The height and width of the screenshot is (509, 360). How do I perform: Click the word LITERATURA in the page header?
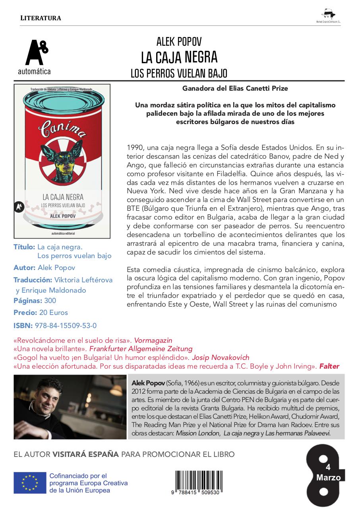pos(40,18)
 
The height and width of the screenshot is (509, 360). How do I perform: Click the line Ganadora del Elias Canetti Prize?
pos(235,88)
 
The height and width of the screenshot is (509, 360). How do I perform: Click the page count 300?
pos(50,301)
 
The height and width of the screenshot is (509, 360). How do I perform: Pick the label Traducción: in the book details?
pos(33,280)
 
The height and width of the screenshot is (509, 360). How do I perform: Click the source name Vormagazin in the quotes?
pos(153,340)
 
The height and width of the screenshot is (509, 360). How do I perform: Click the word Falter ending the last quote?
pos(329,366)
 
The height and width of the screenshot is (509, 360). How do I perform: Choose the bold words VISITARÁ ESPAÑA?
pos(85,454)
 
